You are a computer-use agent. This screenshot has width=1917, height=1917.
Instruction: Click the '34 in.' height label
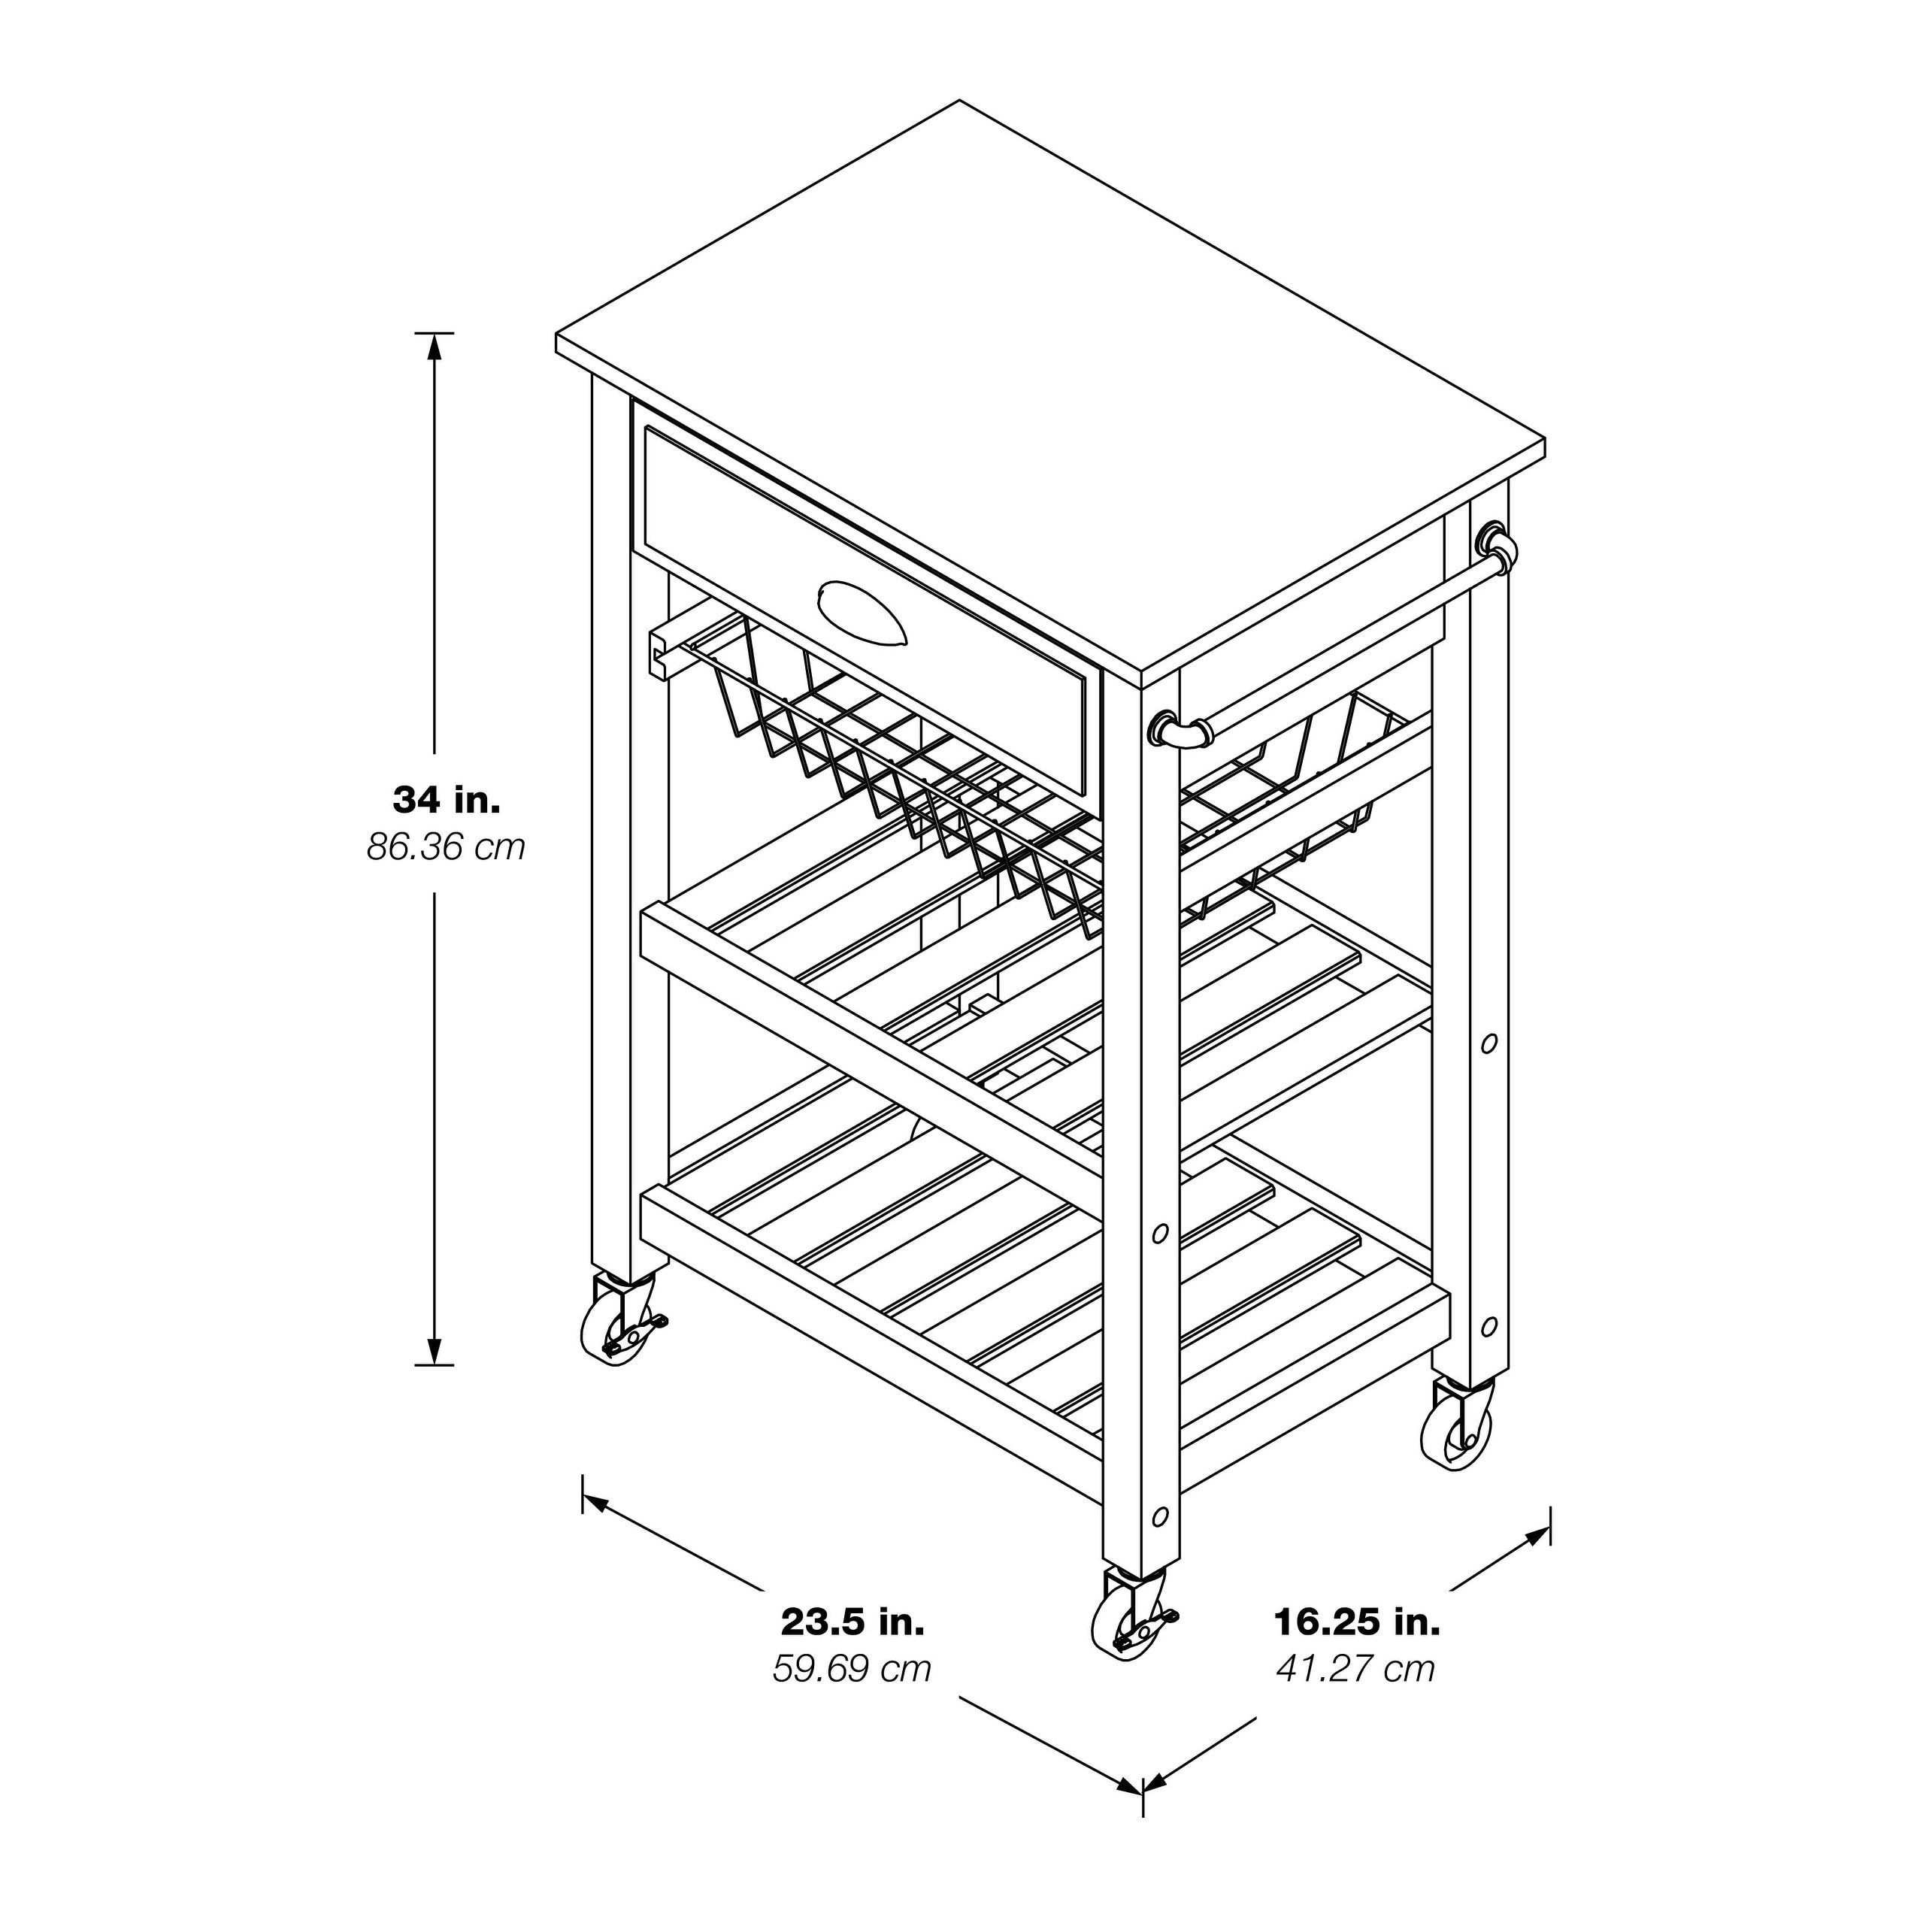(x=447, y=800)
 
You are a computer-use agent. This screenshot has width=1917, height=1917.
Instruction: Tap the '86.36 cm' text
(x=447, y=847)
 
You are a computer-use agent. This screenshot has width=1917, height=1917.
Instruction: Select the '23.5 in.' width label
(x=853, y=1622)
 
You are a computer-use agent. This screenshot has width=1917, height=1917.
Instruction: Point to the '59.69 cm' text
(x=853, y=1669)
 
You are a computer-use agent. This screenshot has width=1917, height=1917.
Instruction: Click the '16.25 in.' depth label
(x=1356, y=1622)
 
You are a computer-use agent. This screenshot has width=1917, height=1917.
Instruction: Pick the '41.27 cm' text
(x=1356, y=1669)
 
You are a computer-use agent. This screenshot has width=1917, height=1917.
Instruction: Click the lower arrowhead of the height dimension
(x=434, y=1352)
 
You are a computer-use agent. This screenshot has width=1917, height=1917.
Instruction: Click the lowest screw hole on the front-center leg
(x=1159, y=1517)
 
